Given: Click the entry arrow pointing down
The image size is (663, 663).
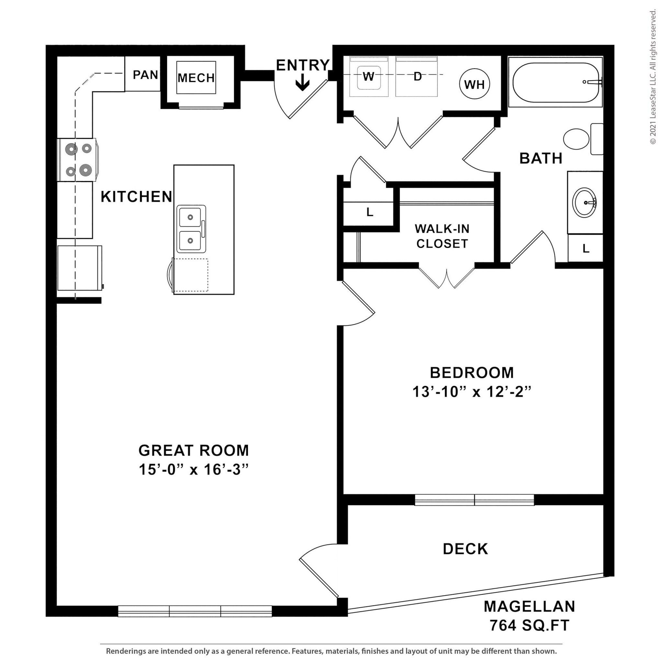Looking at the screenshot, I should coord(302,84).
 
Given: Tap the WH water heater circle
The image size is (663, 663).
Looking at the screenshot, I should coord(474,84).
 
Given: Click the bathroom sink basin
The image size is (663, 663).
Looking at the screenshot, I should coord(584,202).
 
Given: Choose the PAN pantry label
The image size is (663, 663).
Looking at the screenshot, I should coord(145,75).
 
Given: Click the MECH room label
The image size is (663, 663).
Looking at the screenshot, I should coord(196,78).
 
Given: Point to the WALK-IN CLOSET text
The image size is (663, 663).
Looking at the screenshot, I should coord(442,236).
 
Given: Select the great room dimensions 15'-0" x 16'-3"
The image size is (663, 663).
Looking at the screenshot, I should coord(193,469).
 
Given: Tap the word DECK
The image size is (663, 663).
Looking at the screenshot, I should coord(465,549).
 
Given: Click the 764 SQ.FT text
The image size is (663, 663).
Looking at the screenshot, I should coord(529,625).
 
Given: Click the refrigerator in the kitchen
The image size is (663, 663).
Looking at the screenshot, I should coord(80,268).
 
